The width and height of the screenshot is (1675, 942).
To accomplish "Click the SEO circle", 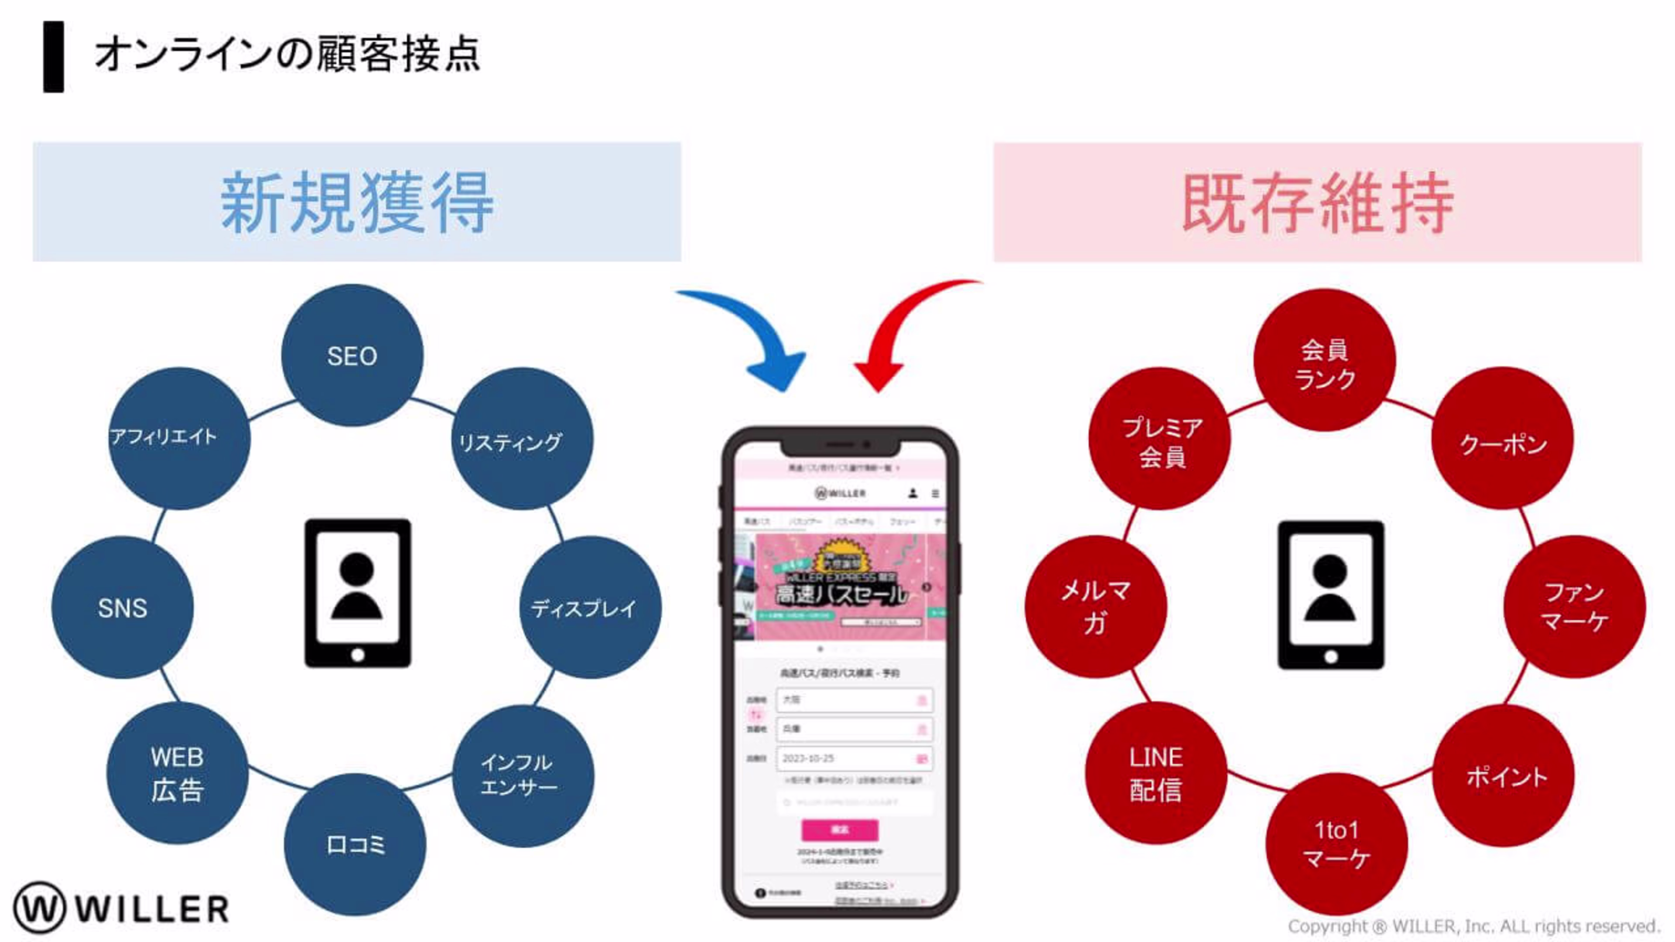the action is click(x=352, y=355).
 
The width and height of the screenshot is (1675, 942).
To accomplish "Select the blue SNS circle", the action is click(x=122, y=607).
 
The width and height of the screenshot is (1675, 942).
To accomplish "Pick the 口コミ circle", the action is click(x=355, y=844).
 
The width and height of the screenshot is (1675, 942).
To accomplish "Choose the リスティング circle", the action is click(x=522, y=439).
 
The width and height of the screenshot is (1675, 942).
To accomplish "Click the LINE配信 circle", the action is click(x=1156, y=773).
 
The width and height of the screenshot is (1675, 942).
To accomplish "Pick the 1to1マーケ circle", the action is click(x=1336, y=844).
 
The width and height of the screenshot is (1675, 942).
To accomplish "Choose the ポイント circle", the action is click(x=1503, y=775).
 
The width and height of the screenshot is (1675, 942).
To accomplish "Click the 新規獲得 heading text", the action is click(x=357, y=203).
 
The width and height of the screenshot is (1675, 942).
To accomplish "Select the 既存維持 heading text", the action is click(x=1317, y=203).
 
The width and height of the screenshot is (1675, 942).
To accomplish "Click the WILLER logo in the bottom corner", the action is click(x=122, y=907).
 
